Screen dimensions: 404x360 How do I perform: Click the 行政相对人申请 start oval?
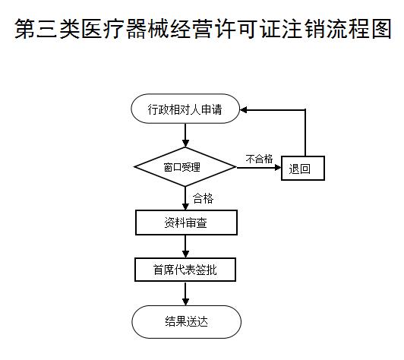[x=185, y=109]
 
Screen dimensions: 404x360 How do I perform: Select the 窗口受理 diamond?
[x=185, y=167]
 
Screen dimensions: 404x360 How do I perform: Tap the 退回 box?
[x=303, y=168]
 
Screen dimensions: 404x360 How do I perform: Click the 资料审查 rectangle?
[x=186, y=223]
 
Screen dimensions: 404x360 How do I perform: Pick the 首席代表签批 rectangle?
[x=185, y=270]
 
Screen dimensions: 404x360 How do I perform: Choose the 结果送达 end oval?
[x=187, y=322]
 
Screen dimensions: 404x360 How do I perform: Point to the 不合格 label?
[x=259, y=159]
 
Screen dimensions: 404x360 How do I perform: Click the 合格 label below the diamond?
[x=204, y=198]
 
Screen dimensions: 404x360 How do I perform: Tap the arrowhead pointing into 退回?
[x=278, y=168]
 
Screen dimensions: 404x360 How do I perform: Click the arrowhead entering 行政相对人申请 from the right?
[x=244, y=110]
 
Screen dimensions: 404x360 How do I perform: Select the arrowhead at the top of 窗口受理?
[x=185, y=144]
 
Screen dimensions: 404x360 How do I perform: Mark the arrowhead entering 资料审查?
[x=185, y=207]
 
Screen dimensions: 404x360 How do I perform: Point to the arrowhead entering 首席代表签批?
[x=185, y=254]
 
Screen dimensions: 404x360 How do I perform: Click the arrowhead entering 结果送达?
[x=185, y=302]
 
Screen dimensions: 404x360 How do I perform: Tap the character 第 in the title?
[x=25, y=28]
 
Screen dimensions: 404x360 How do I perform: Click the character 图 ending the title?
[x=381, y=28]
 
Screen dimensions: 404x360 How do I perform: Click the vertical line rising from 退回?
[x=305, y=133]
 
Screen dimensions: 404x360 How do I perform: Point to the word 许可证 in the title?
[x=248, y=28]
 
